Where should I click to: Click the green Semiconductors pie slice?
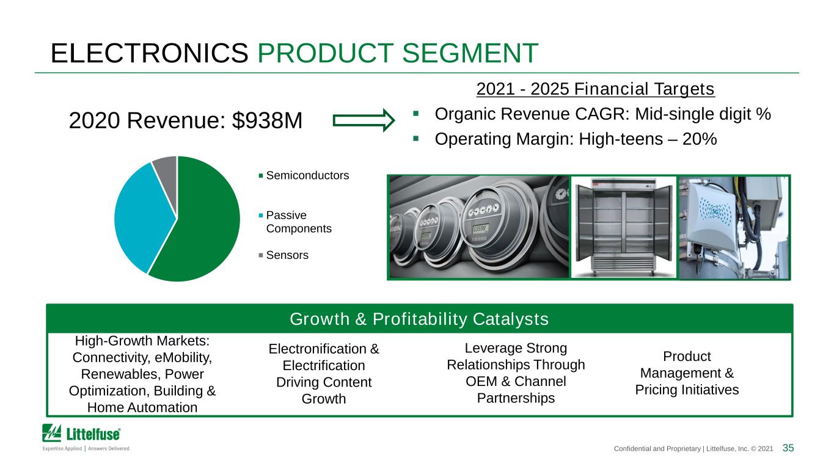point(201,224)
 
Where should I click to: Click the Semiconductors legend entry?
point(304,175)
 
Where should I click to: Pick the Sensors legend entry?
point(283,255)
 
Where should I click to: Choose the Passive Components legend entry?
point(295,222)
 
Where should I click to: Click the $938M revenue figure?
point(267,120)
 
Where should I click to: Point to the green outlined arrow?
point(364,120)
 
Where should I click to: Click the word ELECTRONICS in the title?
point(149,53)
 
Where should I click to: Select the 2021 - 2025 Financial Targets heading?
point(595,89)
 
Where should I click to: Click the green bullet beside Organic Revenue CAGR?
point(416,114)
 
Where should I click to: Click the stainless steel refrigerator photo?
point(624,227)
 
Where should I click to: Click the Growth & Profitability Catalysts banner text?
point(419,319)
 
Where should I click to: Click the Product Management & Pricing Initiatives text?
point(687,373)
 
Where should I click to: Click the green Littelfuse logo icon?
point(52,433)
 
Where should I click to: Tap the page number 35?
point(788,448)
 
